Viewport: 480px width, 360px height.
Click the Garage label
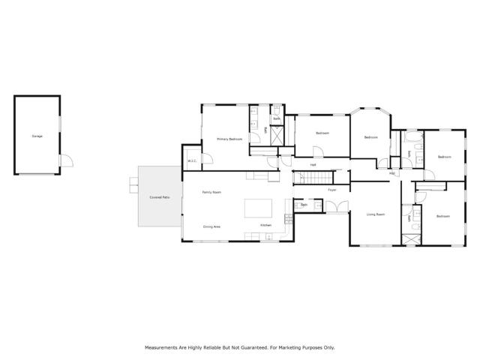point(37,136)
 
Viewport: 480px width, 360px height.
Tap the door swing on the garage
point(65,160)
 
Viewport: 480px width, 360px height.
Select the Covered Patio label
point(160,196)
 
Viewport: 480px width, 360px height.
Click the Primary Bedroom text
point(229,139)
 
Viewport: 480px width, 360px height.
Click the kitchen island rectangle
point(259,207)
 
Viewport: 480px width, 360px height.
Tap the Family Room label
point(211,192)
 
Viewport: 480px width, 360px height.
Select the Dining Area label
point(211,226)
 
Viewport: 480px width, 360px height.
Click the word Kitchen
point(265,225)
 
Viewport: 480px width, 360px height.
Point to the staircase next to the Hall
point(315,178)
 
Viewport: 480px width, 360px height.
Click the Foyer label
point(331,190)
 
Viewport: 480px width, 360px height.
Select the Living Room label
point(375,214)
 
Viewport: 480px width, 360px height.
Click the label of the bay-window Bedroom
point(370,137)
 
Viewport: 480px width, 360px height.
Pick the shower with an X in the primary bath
point(276,135)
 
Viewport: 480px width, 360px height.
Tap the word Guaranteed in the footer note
point(259,347)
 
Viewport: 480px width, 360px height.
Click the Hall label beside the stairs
point(313,165)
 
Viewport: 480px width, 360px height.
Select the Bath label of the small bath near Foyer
point(304,205)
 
